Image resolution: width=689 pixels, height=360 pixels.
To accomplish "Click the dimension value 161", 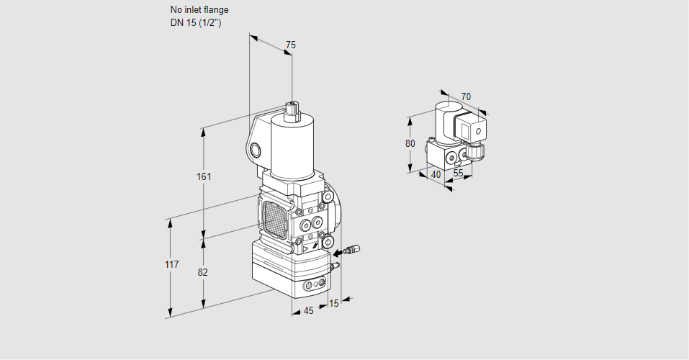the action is [x=204, y=176].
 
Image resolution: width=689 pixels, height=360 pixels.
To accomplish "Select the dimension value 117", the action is [x=172, y=264].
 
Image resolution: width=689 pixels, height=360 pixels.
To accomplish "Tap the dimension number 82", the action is [x=202, y=273].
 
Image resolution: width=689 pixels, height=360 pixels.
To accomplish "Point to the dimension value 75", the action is [x=290, y=45].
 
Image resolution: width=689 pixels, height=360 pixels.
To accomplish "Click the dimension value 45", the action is [x=308, y=311].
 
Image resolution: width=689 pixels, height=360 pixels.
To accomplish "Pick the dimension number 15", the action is [x=334, y=303].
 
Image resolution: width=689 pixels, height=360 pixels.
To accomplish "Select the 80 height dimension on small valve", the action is [x=410, y=143].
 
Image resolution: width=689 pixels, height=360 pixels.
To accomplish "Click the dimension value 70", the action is [x=466, y=96].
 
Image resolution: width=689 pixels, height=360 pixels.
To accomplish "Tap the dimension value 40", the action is [x=436, y=174].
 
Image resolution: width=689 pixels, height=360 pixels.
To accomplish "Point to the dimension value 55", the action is [x=458, y=174].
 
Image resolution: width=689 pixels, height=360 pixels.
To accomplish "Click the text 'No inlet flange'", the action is [x=199, y=9].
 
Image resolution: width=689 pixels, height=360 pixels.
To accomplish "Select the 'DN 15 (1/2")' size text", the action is [x=196, y=23].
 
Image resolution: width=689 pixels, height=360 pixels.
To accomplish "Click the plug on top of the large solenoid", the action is [x=292, y=111].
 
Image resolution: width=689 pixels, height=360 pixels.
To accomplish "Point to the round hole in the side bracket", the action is [x=256, y=150].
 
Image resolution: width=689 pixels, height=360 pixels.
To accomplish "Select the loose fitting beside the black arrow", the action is [x=352, y=249].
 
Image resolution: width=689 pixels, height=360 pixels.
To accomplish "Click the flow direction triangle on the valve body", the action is [x=305, y=249].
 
